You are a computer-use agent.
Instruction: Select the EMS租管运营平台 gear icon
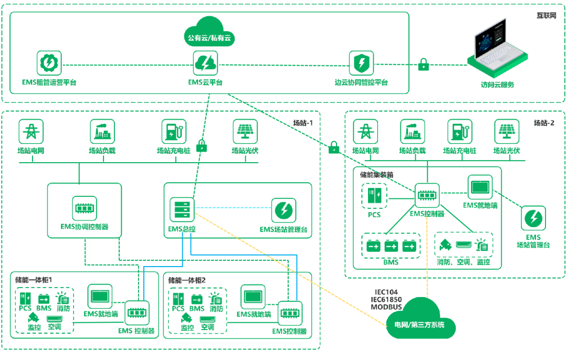click(49, 63)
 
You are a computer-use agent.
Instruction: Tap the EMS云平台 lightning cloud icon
click(205, 63)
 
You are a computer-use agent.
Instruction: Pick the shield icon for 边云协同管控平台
click(361, 63)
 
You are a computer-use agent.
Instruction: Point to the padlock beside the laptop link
click(423, 65)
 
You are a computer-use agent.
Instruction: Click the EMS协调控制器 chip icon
click(84, 208)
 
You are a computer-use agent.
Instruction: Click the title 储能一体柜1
click(32, 280)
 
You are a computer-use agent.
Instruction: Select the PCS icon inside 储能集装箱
click(374, 196)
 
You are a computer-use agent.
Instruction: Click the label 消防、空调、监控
click(464, 261)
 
